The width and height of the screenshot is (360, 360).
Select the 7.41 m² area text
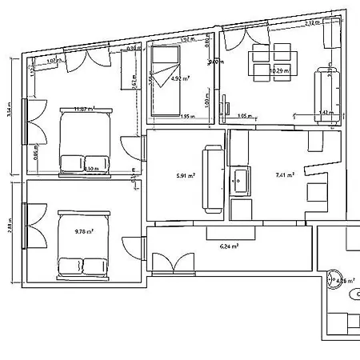(x=285, y=174)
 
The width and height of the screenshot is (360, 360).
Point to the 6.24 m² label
(x=230, y=247)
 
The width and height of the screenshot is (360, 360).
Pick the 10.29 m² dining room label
(x=279, y=70)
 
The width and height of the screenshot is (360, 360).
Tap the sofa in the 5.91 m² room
(x=213, y=178)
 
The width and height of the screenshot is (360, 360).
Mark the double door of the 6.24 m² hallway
(x=173, y=263)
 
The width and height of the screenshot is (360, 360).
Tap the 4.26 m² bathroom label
(x=346, y=281)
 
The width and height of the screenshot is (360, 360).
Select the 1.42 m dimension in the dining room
(x=324, y=113)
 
